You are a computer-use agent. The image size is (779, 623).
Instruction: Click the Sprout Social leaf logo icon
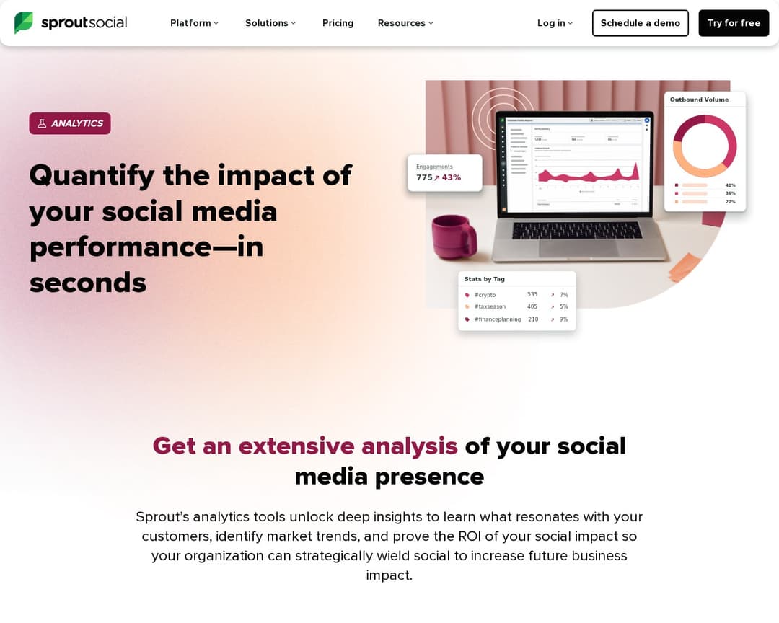click(24, 23)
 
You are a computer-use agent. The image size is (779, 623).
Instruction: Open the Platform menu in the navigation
click(193, 23)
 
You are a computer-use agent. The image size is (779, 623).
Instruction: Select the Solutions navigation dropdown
click(270, 23)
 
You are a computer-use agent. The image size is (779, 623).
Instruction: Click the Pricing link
click(338, 23)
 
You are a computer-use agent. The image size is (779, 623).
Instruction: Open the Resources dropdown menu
click(405, 23)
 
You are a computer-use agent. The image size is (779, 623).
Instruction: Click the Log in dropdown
click(555, 23)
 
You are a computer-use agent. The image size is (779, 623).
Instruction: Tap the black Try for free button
click(734, 23)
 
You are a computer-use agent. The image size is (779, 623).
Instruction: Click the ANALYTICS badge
click(70, 123)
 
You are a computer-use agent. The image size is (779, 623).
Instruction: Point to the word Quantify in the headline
click(92, 175)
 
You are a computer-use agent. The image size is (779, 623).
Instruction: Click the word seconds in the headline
click(88, 282)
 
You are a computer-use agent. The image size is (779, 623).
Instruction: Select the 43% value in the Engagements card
click(452, 177)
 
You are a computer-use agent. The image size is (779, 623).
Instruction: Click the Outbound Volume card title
click(699, 100)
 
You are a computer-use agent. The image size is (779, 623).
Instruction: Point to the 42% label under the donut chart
click(730, 185)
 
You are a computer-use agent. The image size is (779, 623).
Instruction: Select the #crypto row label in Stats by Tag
click(485, 295)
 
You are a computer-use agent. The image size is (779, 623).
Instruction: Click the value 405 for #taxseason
click(532, 306)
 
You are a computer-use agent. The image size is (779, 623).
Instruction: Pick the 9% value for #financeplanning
click(563, 319)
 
